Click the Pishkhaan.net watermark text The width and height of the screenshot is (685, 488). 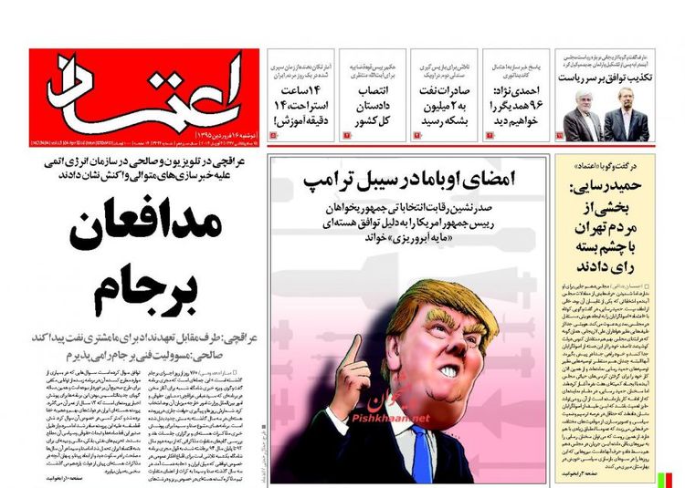click(393, 419)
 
